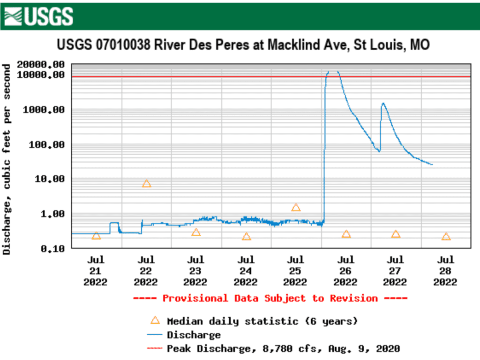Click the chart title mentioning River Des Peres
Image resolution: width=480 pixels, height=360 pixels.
(243, 45)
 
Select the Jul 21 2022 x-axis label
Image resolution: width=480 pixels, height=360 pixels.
(96, 271)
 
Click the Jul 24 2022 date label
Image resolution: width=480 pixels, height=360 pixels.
(246, 271)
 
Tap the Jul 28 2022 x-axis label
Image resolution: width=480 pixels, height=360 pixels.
(445, 271)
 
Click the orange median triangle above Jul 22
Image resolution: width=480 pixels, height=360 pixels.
(146, 184)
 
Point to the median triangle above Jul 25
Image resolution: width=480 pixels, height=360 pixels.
(296, 208)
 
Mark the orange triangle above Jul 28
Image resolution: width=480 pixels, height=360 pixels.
(446, 237)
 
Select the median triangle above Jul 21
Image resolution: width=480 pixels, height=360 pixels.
(96, 236)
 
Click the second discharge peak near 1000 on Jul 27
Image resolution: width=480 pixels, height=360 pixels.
(383, 103)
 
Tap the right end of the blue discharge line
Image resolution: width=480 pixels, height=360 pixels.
(432, 165)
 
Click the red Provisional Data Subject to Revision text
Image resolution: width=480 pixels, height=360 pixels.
(270, 298)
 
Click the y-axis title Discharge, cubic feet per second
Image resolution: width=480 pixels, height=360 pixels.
(7, 159)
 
